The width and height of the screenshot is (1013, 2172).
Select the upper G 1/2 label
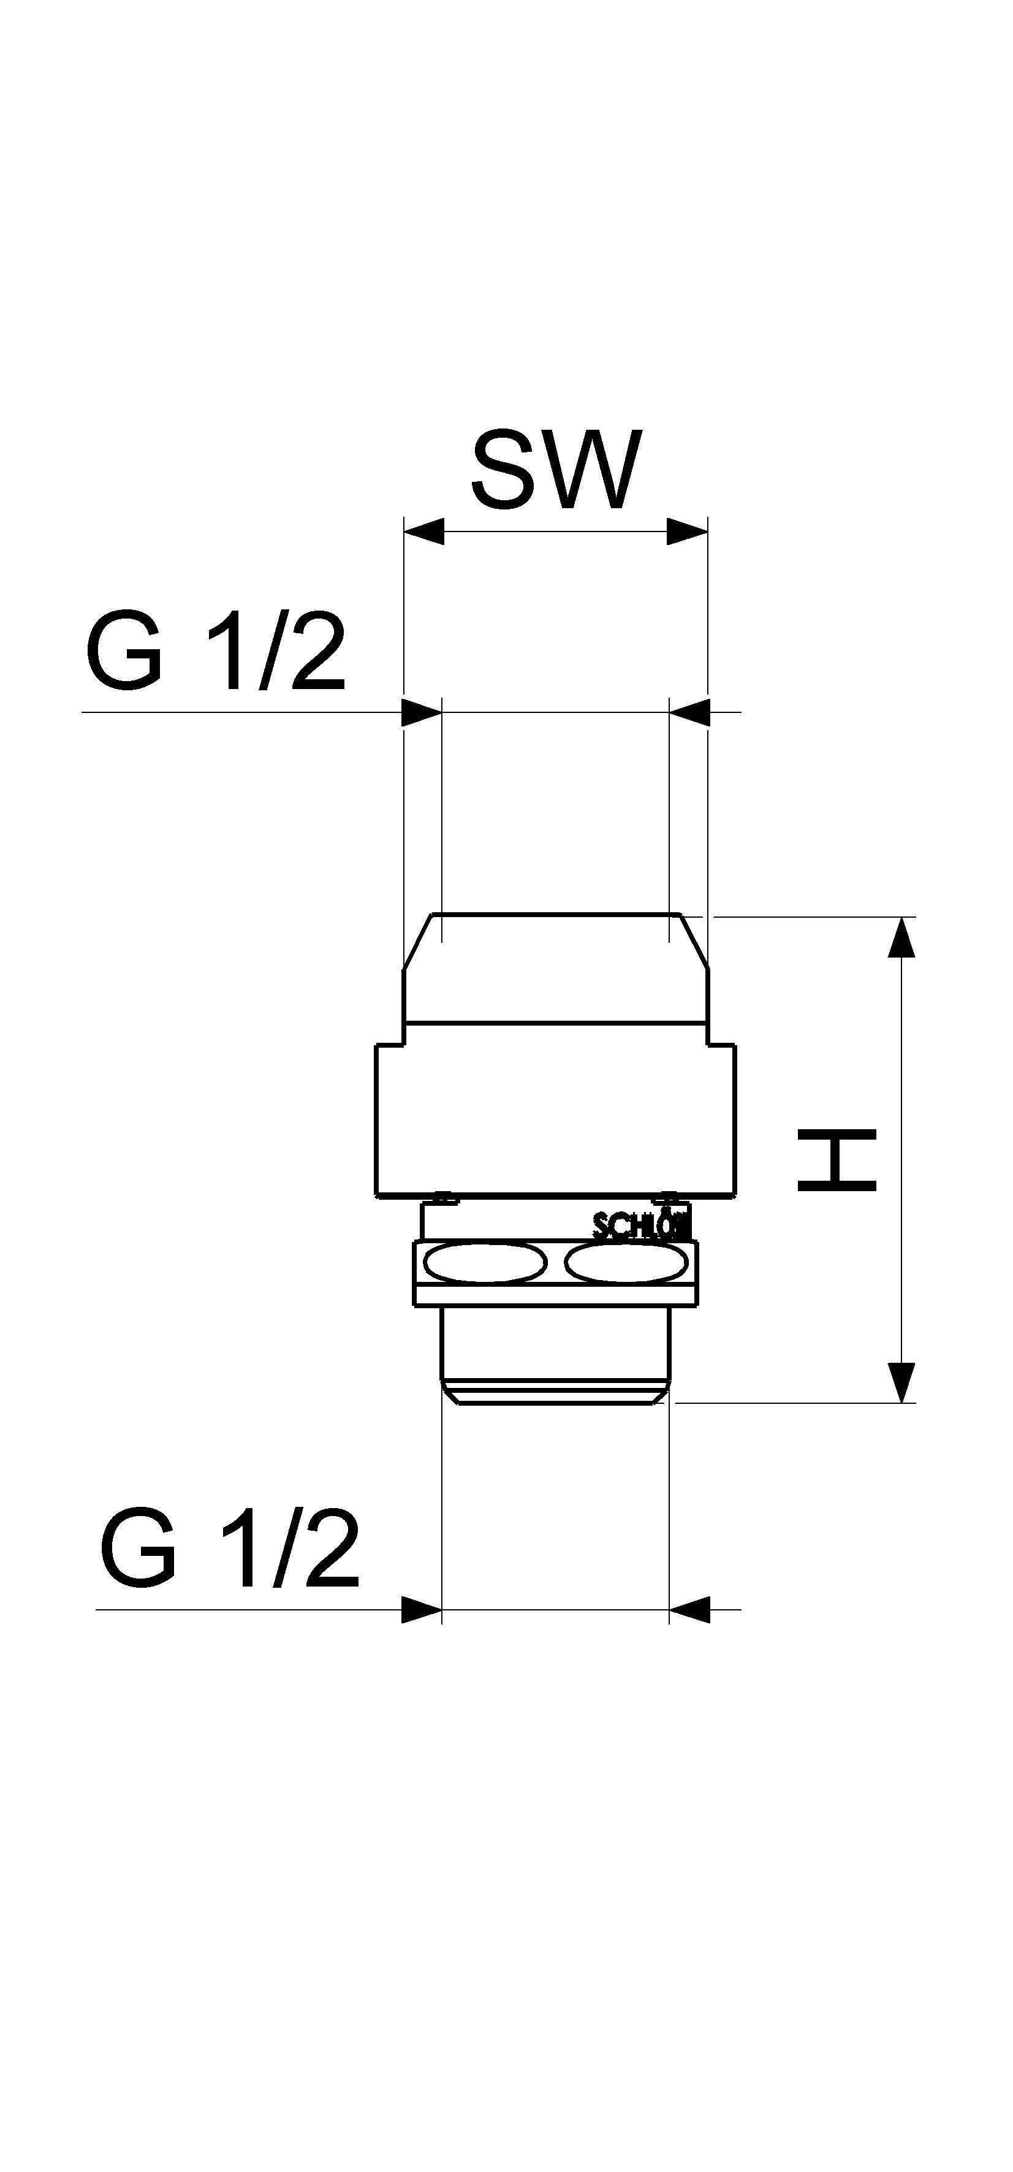point(216,654)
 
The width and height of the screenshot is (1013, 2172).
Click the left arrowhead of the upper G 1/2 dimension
point(422,712)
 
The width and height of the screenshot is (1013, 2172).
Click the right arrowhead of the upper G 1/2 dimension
point(690,712)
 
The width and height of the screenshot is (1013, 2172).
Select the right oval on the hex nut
point(625,1263)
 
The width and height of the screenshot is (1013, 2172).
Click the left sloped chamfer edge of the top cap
point(418,941)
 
